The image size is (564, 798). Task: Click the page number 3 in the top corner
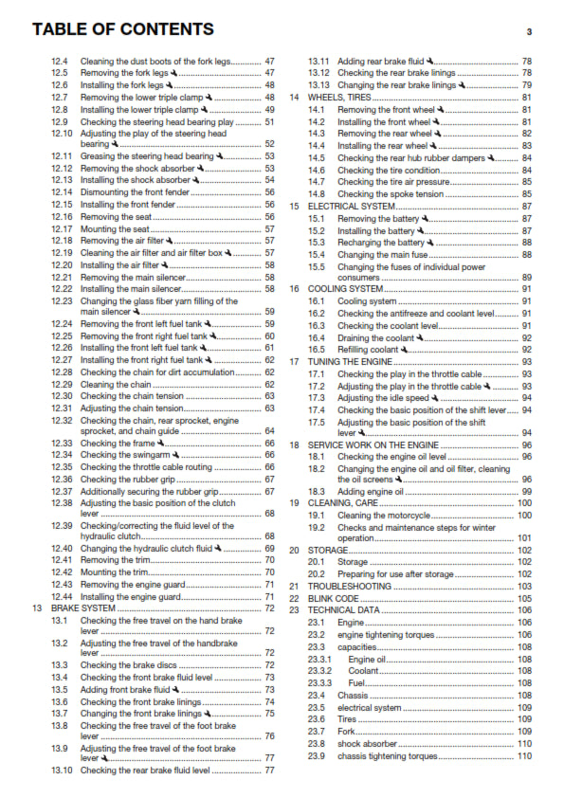528,31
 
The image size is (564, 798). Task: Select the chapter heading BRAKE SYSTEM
82,608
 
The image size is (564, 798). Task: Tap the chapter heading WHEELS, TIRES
339,98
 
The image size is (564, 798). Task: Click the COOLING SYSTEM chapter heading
346,289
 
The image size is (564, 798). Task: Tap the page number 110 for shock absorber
524,744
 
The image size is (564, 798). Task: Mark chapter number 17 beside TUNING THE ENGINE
295,361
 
